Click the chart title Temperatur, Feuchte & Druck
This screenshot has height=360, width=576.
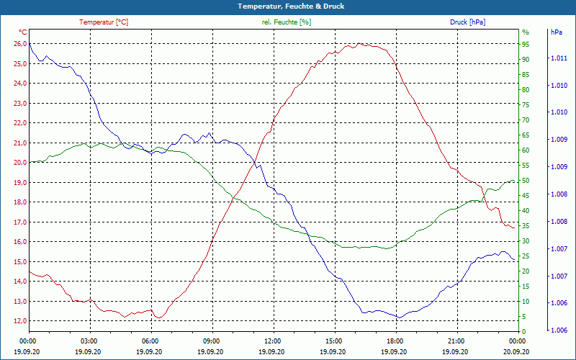pyautogui.click(x=288, y=6)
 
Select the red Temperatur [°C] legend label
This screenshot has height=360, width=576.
pyautogui.click(x=104, y=22)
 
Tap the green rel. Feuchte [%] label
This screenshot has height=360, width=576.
pyautogui.click(x=287, y=22)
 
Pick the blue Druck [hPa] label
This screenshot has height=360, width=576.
pyautogui.click(x=467, y=22)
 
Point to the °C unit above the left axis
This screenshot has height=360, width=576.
pyautogui.click(x=22, y=32)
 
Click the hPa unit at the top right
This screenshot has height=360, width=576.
pyautogui.click(x=556, y=32)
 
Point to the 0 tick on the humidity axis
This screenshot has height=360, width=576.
pyautogui.click(x=523, y=331)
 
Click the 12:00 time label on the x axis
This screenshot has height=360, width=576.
pyautogui.click(x=272, y=341)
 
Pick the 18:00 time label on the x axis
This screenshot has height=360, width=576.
pyautogui.click(x=395, y=341)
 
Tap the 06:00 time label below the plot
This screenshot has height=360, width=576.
pyautogui.click(x=150, y=341)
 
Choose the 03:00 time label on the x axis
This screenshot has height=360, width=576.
pyautogui.click(x=89, y=341)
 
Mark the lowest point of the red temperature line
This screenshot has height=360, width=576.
pyautogui.click(x=159, y=318)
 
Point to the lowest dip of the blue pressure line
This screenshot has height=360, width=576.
pyautogui.click(x=398, y=318)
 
